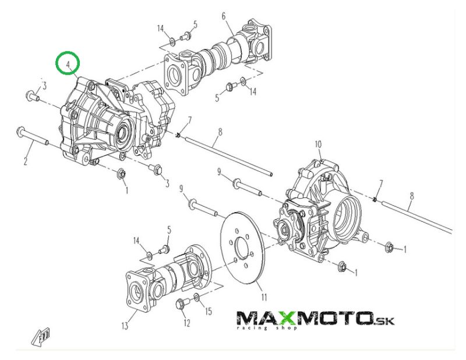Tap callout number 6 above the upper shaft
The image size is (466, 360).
click(x=224, y=16)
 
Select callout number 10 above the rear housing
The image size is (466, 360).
click(x=318, y=144)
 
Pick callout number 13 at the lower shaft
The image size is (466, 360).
click(x=124, y=326)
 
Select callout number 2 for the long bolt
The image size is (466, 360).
click(x=25, y=161)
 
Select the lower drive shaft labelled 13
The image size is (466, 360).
click(x=166, y=278)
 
